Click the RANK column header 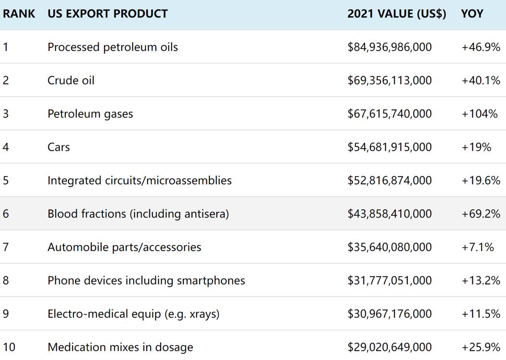(19, 13)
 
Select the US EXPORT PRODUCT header (107, 13)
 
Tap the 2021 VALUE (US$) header (396, 13)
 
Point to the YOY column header (472, 13)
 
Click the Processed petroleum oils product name (113, 47)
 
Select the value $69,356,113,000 (390, 80)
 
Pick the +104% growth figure (480, 114)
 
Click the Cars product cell (59, 147)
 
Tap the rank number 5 (6, 180)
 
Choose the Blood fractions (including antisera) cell (138, 214)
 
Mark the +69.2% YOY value (481, 214)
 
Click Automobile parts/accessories (124, 247)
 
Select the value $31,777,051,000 (390, 281)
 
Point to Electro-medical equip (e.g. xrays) (133, 314)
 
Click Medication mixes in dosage (120, 347)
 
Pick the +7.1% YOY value (478, 247)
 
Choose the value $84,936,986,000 (390, 47)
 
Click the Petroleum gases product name (90, 114)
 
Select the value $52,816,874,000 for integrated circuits (390, 180)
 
